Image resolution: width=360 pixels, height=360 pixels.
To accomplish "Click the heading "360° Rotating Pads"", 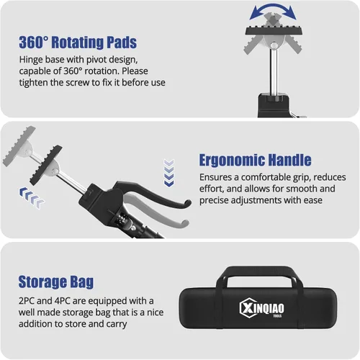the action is (78, 42).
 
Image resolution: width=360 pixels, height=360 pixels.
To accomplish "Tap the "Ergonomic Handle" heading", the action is (255, 160).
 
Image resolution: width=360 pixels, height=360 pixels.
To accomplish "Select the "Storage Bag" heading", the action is (56, 282).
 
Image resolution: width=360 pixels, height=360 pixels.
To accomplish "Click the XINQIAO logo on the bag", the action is (262, 308).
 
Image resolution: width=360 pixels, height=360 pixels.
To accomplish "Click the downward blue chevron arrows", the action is (168, 173).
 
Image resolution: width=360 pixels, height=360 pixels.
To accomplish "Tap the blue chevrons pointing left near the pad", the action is (32, 197).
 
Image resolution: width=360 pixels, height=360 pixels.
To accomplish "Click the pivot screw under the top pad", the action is (274, 45).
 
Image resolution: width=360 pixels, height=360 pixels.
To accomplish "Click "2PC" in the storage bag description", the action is (27, 301).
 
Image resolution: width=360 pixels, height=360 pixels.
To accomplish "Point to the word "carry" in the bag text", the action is (117, 324).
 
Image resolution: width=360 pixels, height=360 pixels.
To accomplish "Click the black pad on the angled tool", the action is (46, 165).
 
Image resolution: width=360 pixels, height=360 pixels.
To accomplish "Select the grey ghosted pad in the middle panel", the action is (19, 146).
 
